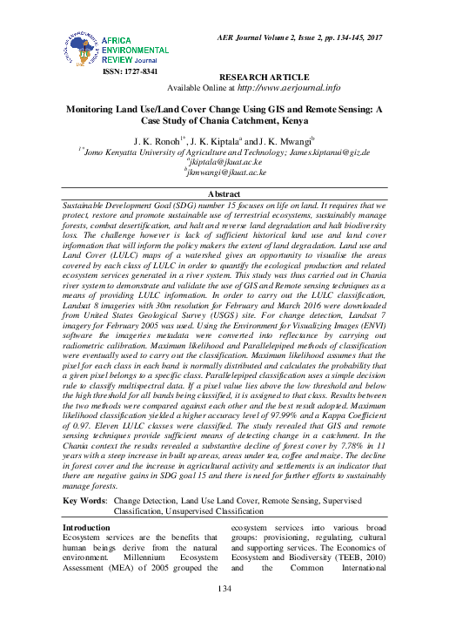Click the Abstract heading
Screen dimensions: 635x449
224,193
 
